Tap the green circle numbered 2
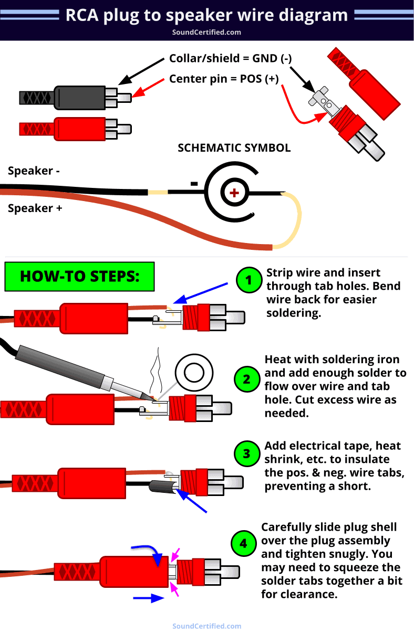pos(247,378)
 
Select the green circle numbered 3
pos(247,453)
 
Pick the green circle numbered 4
pos(243,543)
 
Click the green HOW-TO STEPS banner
pos(79,276)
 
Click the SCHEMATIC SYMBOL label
pos(234,147)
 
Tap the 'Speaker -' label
pos(30,171)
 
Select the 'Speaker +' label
pos(35,208)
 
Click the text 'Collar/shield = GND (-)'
pos(230,59)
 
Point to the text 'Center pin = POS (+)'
pos(224,79)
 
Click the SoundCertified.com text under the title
pos(206,32)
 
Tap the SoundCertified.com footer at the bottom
pos(206,626)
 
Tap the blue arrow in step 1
pos(200,292)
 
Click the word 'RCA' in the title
pos(83,15)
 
